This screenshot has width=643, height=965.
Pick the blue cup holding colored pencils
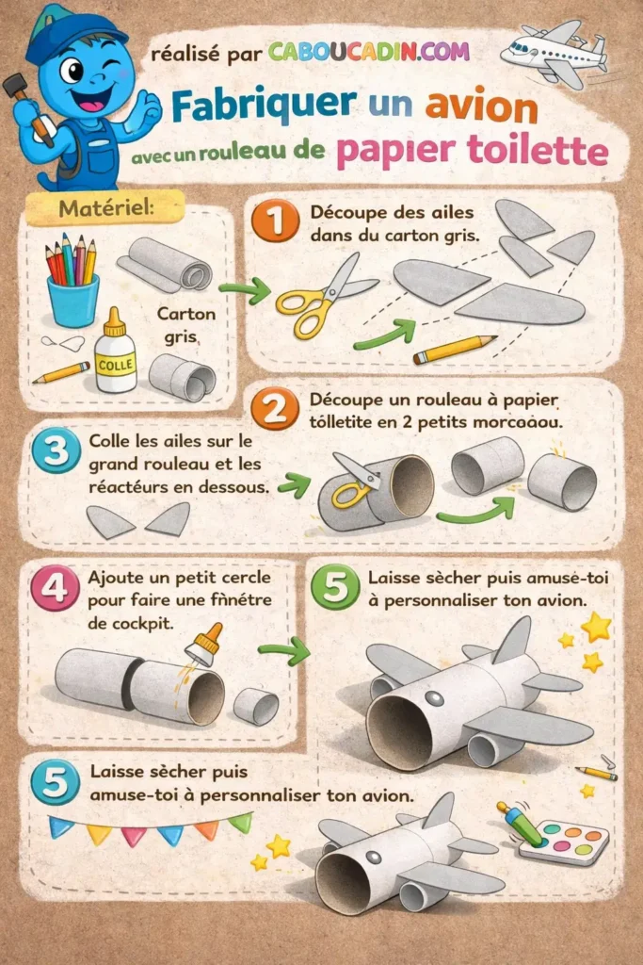point(72,298)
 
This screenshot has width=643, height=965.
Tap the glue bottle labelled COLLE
point(116,352)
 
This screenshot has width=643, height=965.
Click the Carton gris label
point(185,324)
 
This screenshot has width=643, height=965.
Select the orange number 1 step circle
point(275,223)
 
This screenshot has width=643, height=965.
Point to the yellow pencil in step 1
point(454,350)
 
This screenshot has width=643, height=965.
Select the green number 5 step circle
point(335,589)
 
